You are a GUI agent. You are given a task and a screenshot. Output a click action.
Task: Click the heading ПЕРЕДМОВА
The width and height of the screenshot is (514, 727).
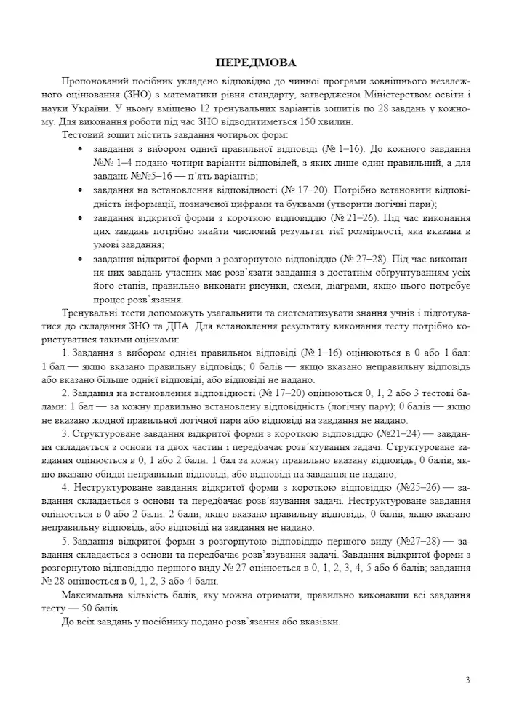[x=257, y=63]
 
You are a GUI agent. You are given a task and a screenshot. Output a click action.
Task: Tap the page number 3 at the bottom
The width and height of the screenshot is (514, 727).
[x=468, y=680]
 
